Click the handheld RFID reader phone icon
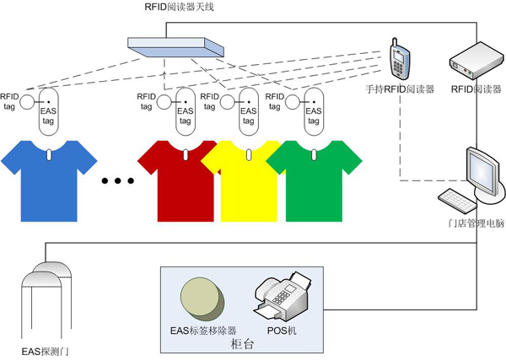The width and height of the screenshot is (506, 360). (401, 58)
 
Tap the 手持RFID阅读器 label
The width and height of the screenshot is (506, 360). (400, 89)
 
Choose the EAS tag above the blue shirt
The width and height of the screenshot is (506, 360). (48, 113)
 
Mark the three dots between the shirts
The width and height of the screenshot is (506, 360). (116, 180)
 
